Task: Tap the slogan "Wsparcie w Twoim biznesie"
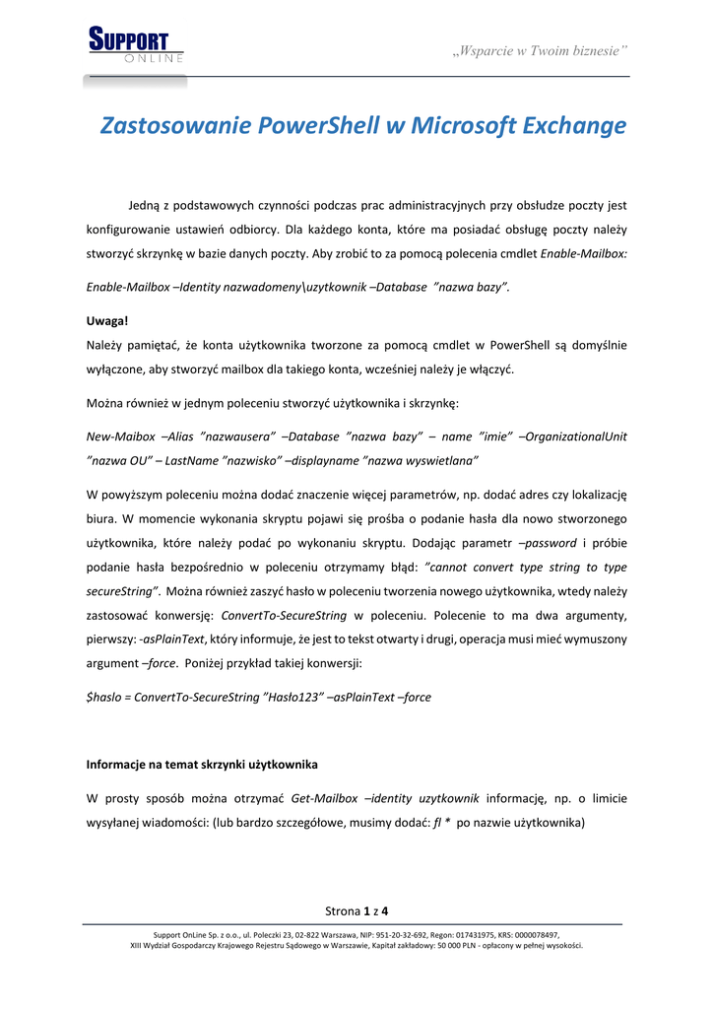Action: (x=540, y=50)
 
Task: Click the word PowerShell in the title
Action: (x=318, y=126)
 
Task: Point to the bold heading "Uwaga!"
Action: (x=107, y=320)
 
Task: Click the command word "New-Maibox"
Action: (x=121, y=436)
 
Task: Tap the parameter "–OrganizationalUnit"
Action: (x=572, y=436)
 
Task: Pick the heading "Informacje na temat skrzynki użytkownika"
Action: (x=201, y=765)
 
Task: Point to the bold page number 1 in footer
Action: (x=366, y=909)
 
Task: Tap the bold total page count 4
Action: (x=385, y=909)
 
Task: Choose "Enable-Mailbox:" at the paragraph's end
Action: (x=584, y=253)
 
